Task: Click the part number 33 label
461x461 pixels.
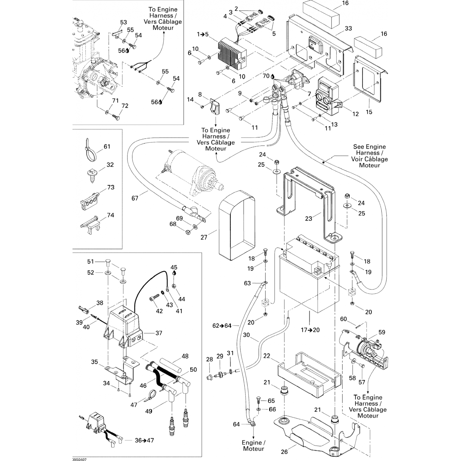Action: pyautogui.click(x=348, y=28)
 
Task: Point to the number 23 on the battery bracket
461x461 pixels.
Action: pyautogui.click(x=309, y=219)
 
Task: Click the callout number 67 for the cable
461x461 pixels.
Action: pyautogui.click(x=135, y=198)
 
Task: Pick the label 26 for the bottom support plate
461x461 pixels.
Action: pyautogui.click(x=285, y=452)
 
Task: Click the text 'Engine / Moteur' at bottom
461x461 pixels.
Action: pyautogui.click(x=254, y=446)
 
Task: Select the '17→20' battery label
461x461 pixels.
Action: pyautogui.click(x=310, y=330)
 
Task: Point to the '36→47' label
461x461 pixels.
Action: pyautogui.click(x=144, y=440)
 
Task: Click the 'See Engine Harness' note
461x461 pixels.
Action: pyautogui.click(x=369, y=156)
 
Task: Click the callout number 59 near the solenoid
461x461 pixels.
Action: pyautogui.click(x=382, y=332)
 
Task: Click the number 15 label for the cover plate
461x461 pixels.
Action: pyautogui.click(x=369, y=112)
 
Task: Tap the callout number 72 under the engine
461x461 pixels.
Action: pyautogui.click(x=125, y=106)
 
